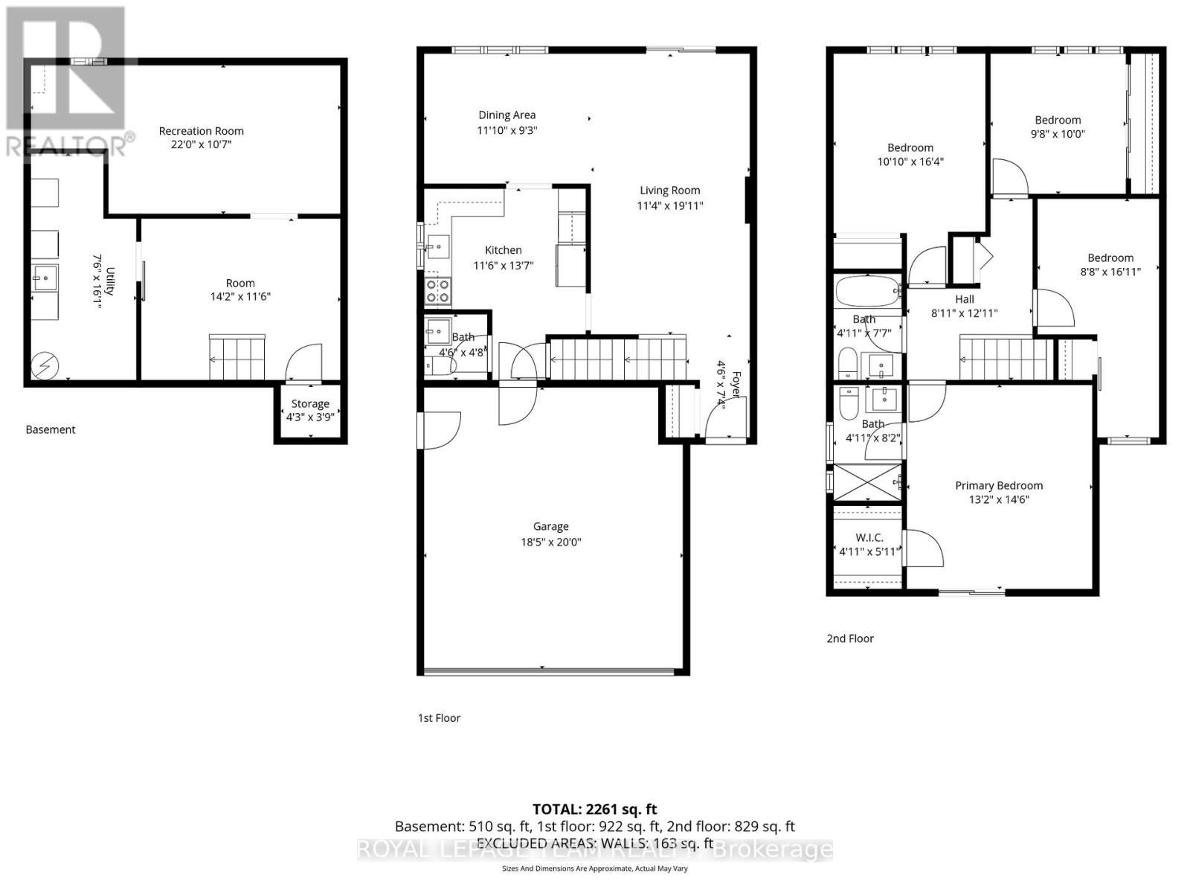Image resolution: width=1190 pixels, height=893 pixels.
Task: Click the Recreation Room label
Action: click(201, 131)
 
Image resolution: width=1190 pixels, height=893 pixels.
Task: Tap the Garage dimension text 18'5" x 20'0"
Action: click(550, 542)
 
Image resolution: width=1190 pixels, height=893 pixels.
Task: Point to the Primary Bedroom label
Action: click(999, 486)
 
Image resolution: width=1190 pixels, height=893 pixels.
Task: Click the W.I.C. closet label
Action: click(869, 537)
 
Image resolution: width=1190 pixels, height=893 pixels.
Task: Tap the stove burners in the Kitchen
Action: click(437, 291)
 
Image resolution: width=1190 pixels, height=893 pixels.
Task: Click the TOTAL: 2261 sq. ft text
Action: click(594, 809)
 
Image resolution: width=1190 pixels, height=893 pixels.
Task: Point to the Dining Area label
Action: click(506, 115)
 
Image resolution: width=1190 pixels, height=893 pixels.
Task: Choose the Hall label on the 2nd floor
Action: click(965, 299)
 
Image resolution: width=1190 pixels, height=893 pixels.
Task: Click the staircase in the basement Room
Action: click(237, 358)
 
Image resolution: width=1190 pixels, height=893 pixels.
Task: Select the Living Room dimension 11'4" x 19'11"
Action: click(669, 206)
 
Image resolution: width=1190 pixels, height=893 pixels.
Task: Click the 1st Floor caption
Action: click(439, 718)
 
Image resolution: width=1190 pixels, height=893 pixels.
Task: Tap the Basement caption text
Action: click(51, 429)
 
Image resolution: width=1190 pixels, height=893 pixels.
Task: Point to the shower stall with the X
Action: click(866, 481)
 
